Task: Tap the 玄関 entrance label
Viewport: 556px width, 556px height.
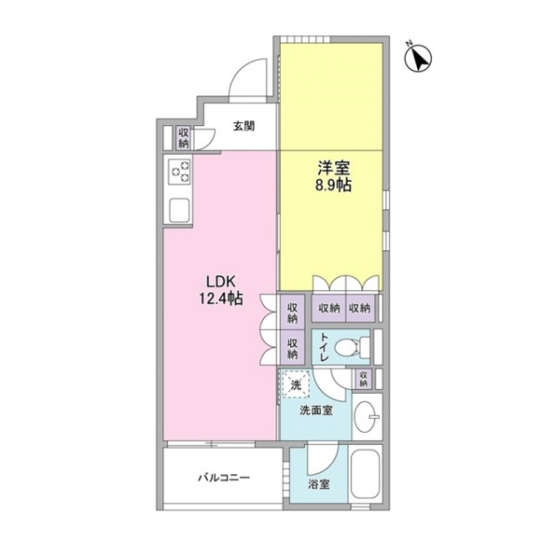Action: pos(244,126)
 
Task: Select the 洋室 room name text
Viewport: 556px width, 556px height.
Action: pos(334,168)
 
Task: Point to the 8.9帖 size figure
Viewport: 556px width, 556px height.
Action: pos(334,185)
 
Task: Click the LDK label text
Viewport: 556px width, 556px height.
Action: pos(221,281)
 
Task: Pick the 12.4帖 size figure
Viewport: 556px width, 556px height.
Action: pos(221,299)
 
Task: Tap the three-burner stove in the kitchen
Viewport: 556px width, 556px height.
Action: pos(180,171)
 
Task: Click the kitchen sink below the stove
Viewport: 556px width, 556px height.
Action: pos(180,210)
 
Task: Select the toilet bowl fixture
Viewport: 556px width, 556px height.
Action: pos(352,346)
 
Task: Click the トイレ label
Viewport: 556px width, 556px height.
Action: pos(324,347)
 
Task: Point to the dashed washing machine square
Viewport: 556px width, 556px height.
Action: pos(296,384)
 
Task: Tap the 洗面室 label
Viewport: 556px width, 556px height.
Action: pos(316,411)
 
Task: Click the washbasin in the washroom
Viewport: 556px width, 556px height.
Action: pos(367,416)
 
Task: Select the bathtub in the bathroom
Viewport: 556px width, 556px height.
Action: pos(365,474)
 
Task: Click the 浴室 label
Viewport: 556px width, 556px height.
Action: pos(319,484)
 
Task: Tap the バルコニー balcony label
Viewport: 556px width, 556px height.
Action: pos(224,478)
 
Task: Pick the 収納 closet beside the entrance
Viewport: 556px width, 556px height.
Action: pos(184,138)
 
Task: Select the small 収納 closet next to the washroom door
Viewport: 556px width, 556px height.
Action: pos(363,379)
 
